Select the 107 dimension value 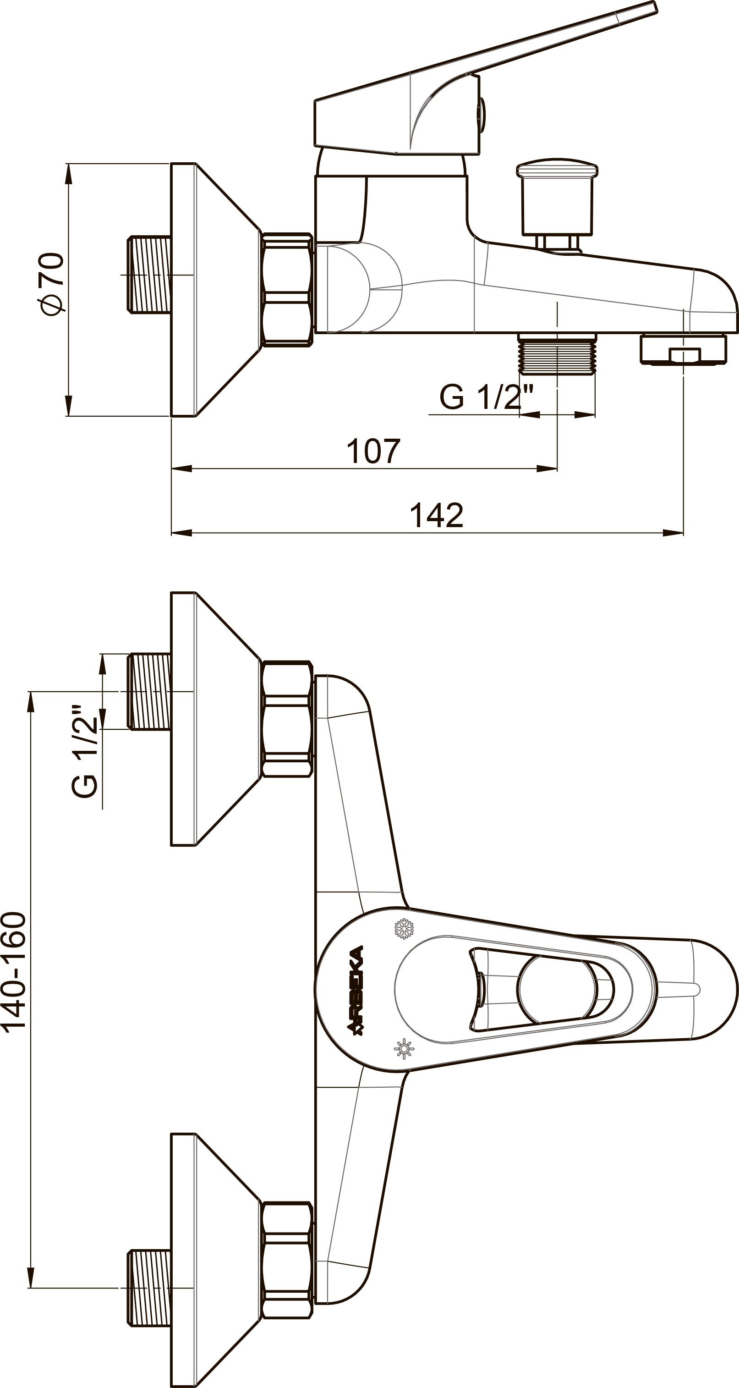pyautogui.click(x=373, y=451)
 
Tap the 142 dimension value pyautogui.click(x=436, y=515)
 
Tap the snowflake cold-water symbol pyautogui.click(x=404, y=928)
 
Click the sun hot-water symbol pyautogui.click(x=404, y=1049)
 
